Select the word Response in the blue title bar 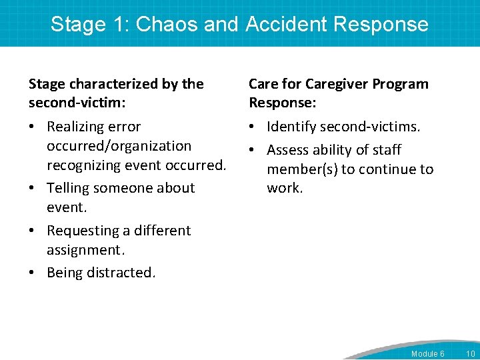pyautogui.click(x=381, y=24)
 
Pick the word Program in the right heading pyautogui.click(x=401, y=84)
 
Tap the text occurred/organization pyautogui.click(x=119, y=146)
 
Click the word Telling pyautogui.click(x=70, y=188)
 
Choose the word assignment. pyautogui.click(x=85, y=250)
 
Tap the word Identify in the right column pyautogui.click(x=291, y=127)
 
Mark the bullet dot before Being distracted pyautogui.click(x=33, y=273)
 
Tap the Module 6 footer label pyautogui.click(x=427, y=353)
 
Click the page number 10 pyautogui.click(x=471, y=353)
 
